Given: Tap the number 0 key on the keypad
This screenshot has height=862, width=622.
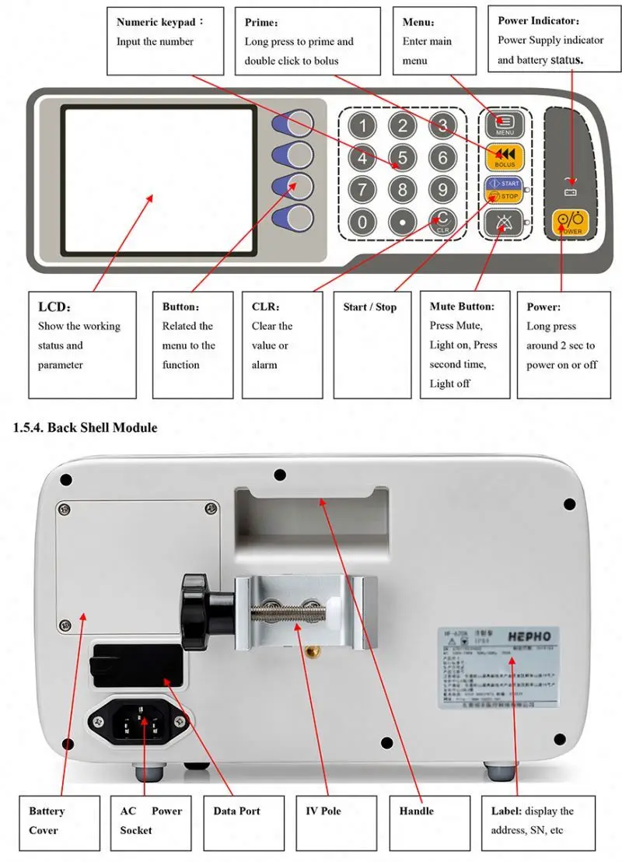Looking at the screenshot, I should click(362, 222).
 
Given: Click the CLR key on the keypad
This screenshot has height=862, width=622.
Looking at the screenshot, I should click(442, 222).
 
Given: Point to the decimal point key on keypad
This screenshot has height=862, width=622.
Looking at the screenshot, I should click(402, 222).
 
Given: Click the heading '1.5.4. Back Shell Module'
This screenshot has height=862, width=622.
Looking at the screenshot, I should click(86, 427).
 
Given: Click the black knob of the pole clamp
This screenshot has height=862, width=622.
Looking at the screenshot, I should click(199, 611).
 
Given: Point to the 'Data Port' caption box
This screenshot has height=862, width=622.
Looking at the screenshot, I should click(237, 811).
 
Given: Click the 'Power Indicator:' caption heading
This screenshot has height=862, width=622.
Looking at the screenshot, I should click(538, 21).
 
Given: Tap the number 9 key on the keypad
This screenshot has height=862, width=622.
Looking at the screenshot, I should click(442, 189).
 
